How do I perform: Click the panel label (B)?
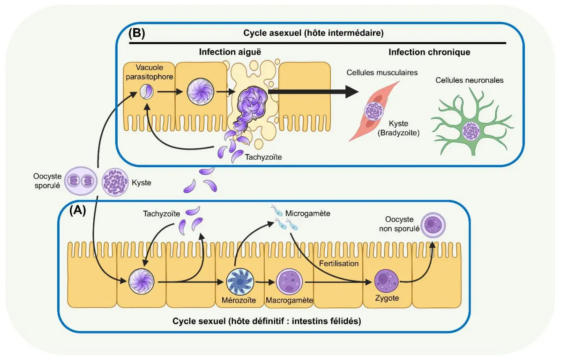point(137,33)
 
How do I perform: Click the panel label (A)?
point(78,210)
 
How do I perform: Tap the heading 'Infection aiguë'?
point(230,52)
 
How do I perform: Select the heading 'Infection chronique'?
point(429,52)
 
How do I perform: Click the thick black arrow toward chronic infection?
point(313,92)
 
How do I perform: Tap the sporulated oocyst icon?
point(81,181)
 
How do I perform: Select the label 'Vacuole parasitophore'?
point(149,72)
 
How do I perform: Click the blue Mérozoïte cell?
point(240,282)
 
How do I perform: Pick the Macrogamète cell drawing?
point(289,282)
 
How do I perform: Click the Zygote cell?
point(386,281)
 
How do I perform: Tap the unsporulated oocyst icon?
point(433,225)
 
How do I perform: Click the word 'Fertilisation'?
point(339,263)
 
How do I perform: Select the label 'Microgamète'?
point(308,213)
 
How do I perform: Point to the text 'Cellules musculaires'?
point(382,73)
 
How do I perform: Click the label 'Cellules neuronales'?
point(469,80)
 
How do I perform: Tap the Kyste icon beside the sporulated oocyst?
point(115,182)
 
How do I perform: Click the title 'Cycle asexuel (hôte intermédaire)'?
point(313,33)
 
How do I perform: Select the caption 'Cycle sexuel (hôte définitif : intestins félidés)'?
point(267,321)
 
